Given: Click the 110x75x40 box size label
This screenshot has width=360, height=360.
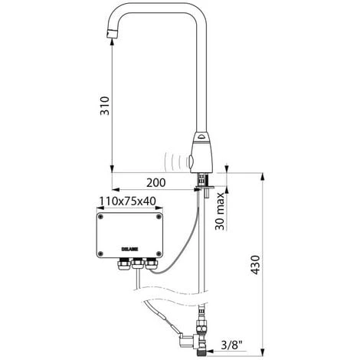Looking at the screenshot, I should (x=129, y=202).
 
